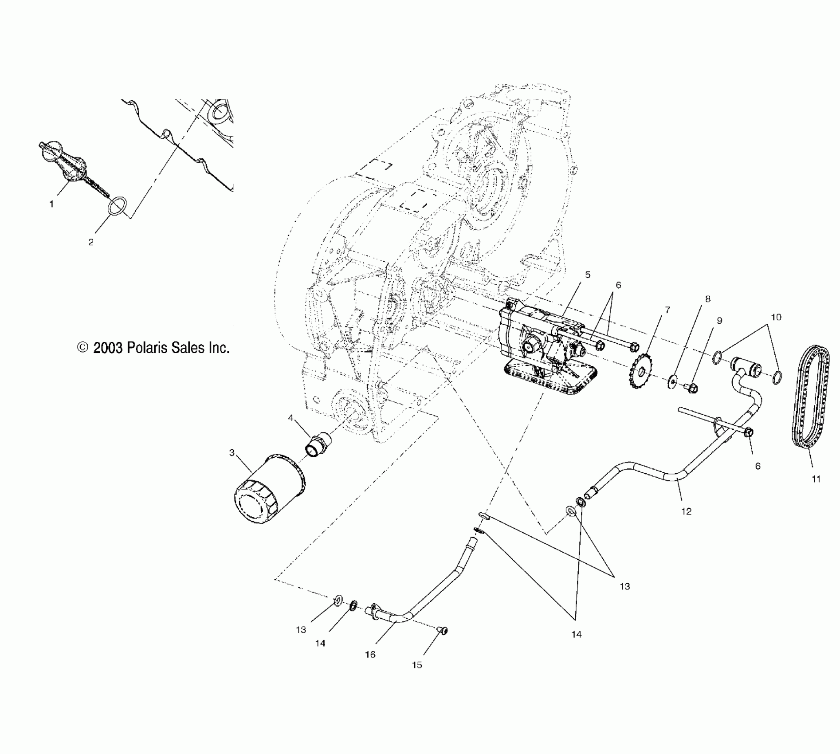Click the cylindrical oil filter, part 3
pyautogui.click(x=268, y=490)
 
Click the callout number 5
pyautogui.click(x=588, y=275)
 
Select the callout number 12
pyautogui.click(x=686, y=511)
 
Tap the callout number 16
pyautogui.click(x=370, y=654)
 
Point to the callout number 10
pyautogui.click(x=776, y=317)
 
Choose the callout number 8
pyautogui.click(x=708, y=299)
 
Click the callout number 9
pyautogui.click(x=719, y=321)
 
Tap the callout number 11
pyautogui.click(x=816, y=479)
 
